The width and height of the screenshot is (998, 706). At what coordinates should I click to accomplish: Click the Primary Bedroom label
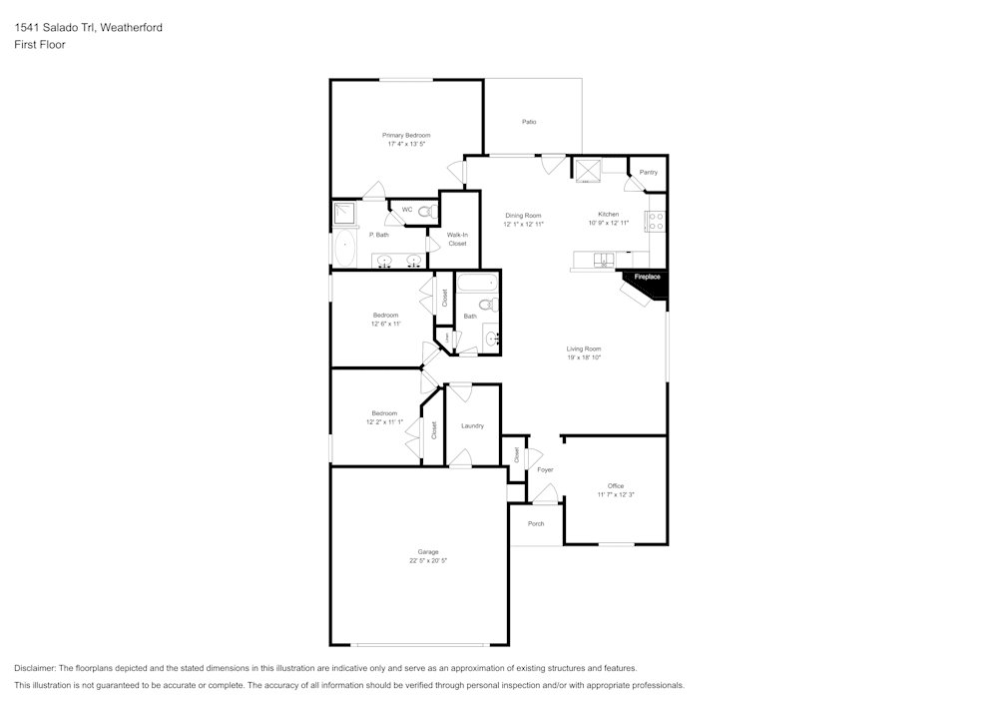406,135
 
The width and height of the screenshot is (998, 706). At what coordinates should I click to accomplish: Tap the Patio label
529,122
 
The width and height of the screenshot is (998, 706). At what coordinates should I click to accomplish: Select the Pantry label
649,173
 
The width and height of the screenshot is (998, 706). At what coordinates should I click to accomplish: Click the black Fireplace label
647,277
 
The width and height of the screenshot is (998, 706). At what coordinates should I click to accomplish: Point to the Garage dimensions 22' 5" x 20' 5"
427,561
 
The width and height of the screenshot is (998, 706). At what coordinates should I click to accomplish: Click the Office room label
616,486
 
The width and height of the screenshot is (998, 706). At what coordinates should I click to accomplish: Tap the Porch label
536,523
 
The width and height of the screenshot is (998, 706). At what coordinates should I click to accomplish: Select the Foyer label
545,469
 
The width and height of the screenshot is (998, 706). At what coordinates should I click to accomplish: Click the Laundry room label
472,426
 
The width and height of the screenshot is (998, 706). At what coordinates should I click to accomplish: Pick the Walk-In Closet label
457,239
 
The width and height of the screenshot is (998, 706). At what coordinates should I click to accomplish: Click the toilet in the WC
425,212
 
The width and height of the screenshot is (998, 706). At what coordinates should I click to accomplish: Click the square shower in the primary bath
346,213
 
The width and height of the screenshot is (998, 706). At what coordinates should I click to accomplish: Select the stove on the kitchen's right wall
657,222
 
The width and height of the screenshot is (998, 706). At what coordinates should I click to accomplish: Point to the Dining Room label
523,216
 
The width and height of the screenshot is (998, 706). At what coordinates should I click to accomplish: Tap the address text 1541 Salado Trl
55,28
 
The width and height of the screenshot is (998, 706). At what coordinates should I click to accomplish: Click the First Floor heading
40,45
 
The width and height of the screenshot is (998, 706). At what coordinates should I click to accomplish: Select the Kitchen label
609,215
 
